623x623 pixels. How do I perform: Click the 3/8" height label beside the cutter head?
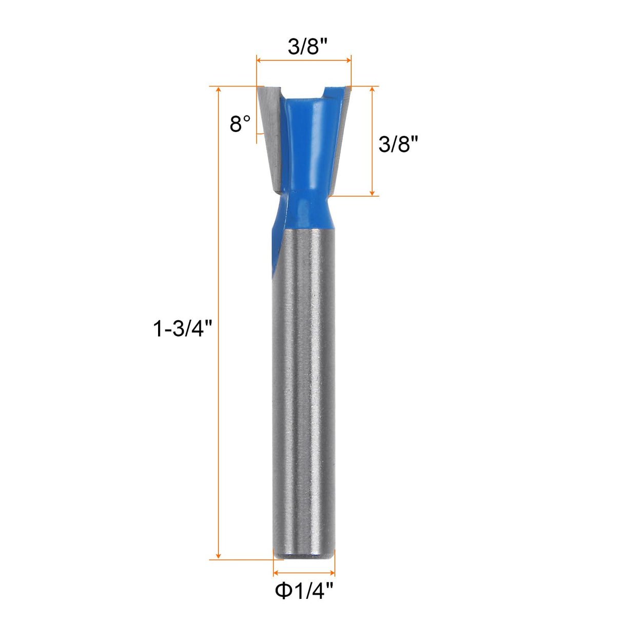395,145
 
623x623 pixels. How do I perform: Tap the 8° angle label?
240,124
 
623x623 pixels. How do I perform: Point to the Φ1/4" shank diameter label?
304,591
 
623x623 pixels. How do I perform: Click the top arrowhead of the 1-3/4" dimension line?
219,90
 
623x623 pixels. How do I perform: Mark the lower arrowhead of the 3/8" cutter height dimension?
373,192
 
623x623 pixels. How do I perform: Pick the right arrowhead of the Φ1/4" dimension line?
332,573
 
